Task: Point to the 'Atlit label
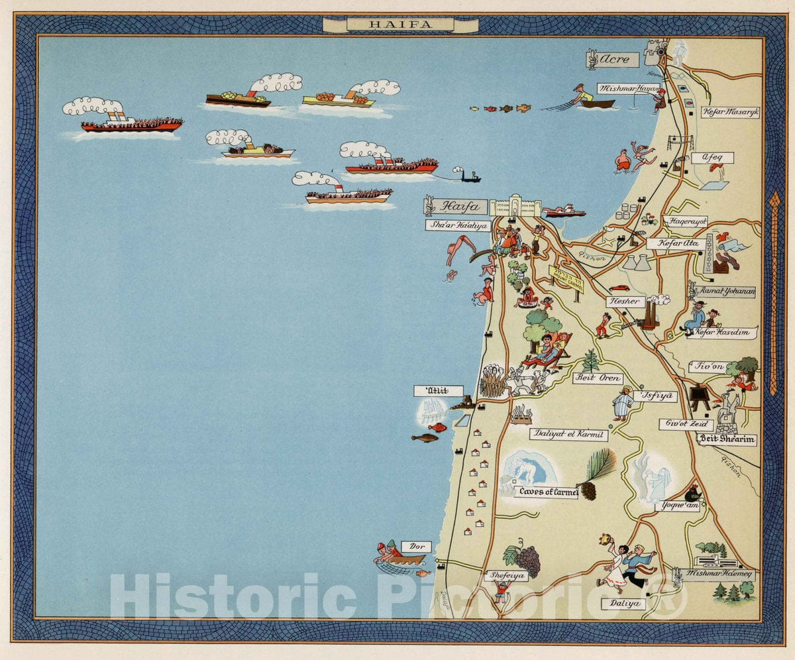(438, 391)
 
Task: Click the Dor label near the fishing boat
(417, 547)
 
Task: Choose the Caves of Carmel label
(547, 492)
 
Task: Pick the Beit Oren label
(598, 378)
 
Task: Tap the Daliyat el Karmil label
(568, 435)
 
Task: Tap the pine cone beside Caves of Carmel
(587, 490)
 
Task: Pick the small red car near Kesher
(619, 288)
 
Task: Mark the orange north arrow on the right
(773, 292)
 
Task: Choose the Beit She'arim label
(727, 439)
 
